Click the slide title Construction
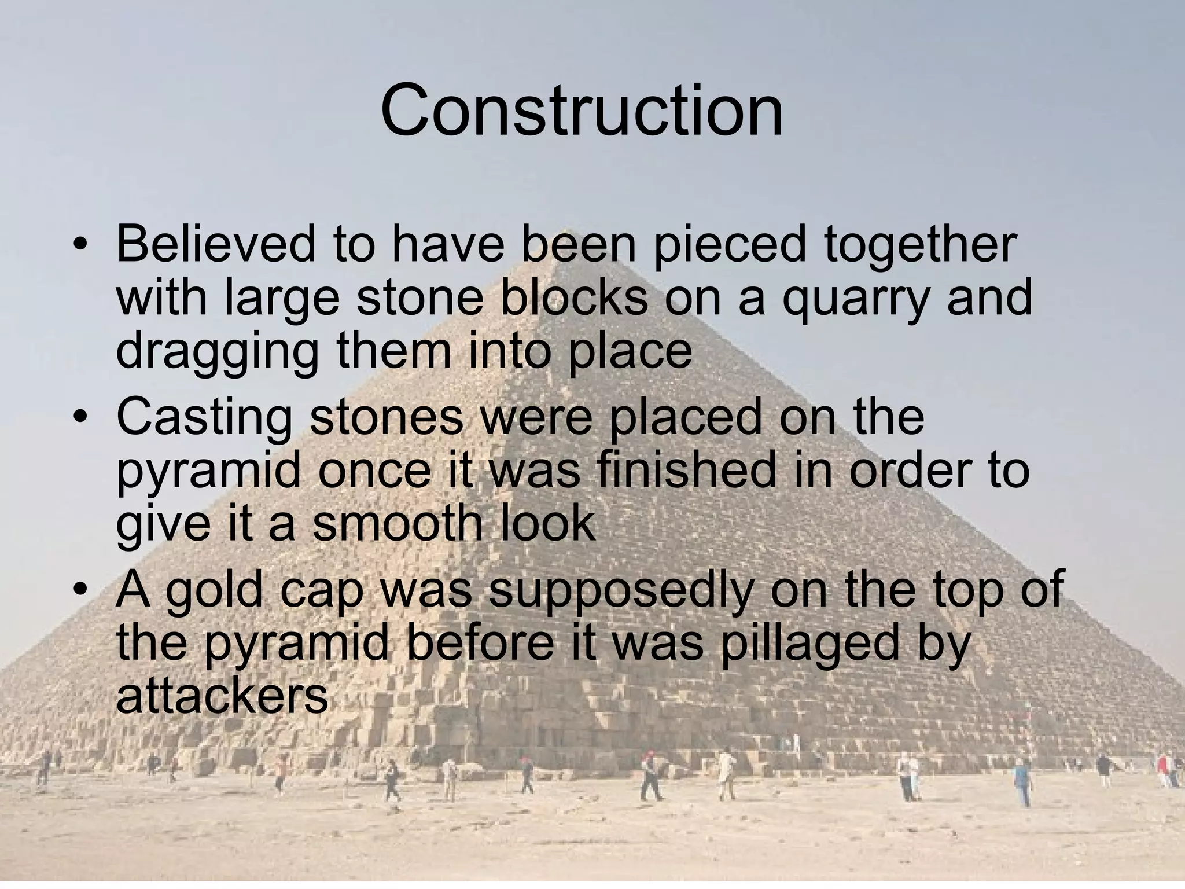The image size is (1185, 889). coord(582,110)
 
